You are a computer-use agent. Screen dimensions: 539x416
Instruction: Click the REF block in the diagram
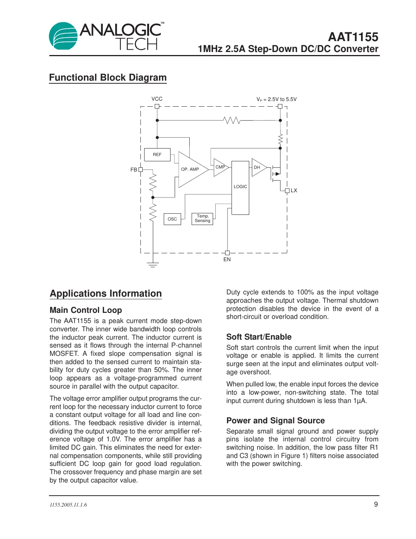(x=157, y=155)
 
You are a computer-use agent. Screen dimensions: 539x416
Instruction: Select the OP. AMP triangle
(x=191, y=169)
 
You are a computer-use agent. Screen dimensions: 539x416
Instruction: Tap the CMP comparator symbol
(x=220, y=167)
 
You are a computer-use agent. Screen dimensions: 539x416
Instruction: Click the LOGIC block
(x=240, y=187)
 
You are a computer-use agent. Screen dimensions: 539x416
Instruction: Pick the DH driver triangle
(x=258, y=167)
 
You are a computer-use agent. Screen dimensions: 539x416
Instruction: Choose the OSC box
(x=172, y=219)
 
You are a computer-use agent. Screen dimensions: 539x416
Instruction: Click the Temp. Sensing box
(x=203, y=219)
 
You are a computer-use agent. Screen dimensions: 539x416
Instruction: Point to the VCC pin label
(x=157, y=99)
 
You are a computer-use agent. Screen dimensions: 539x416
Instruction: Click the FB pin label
(x=134, y=170)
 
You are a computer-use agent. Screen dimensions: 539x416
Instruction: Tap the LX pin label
(x=294, y=190)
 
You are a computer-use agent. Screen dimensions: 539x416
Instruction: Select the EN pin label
(x=227, y=259)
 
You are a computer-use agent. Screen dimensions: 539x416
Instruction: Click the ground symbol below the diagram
(x=153, y=264)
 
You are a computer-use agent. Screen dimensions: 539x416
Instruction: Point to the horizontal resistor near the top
(x=232, y=120)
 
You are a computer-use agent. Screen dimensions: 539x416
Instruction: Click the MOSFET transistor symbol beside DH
(x=276, y=174)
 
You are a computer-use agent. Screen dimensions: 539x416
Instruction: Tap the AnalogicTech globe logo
(x=63, y=36)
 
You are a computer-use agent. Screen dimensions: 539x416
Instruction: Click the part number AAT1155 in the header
(x=353, y=37)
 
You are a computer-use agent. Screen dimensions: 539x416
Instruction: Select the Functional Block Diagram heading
(x=108, y=77)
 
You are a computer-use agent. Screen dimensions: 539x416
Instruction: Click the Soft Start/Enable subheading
(x=259, y=337)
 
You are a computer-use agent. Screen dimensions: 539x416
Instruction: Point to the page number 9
(x=376, y=504)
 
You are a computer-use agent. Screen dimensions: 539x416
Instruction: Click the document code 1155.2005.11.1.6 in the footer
(x=68, y=505)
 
